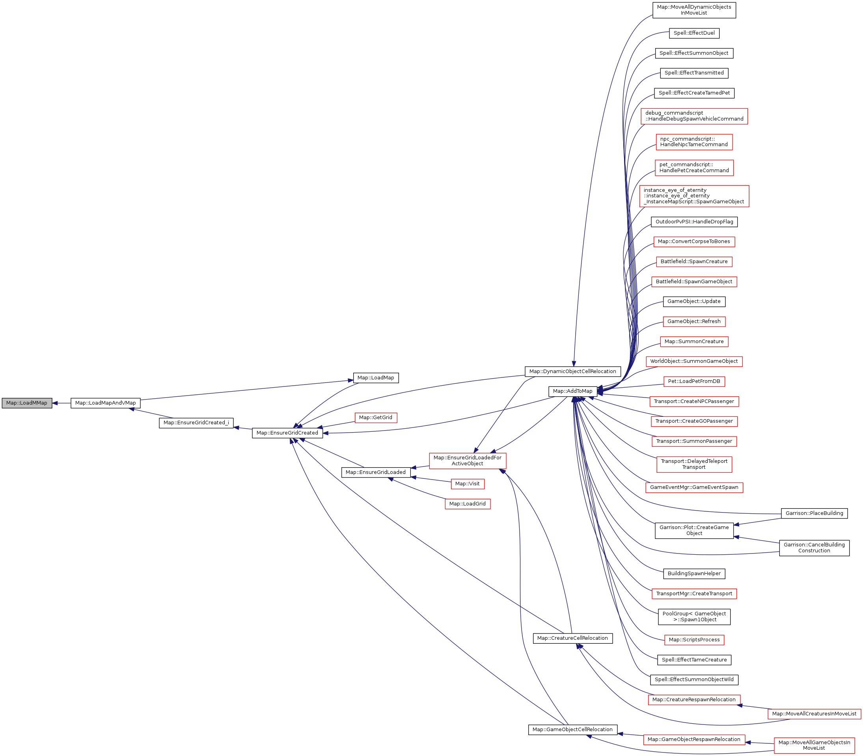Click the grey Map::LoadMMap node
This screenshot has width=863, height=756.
tap(26, 403)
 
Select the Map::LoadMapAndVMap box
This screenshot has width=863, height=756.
tap(105, 403)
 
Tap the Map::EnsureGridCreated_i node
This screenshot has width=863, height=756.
tap(196, 423)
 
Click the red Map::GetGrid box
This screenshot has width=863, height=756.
tap(375, 418)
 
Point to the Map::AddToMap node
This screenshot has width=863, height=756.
tap(572, 391)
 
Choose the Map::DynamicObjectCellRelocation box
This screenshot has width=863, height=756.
tap(572, 371)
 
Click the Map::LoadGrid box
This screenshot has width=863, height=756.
tap(468, 504)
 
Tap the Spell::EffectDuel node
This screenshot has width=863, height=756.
tap(694, 33)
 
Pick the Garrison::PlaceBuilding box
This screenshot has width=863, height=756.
tap(814, 513)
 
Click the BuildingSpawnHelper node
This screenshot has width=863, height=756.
tap(694, 573)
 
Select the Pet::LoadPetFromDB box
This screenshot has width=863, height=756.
tap(694, 381)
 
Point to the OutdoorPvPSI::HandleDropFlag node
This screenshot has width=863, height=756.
tap(694, 221)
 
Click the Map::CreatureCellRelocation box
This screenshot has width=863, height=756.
tap(572, 638)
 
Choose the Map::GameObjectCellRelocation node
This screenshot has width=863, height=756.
tap(572, 730)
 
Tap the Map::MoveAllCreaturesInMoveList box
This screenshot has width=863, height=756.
tap(814, 714)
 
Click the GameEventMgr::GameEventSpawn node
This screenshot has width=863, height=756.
tap(694, 487)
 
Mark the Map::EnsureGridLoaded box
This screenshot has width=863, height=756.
tap(375, 472)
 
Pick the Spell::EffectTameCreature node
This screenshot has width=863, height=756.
tap(694, 659)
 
